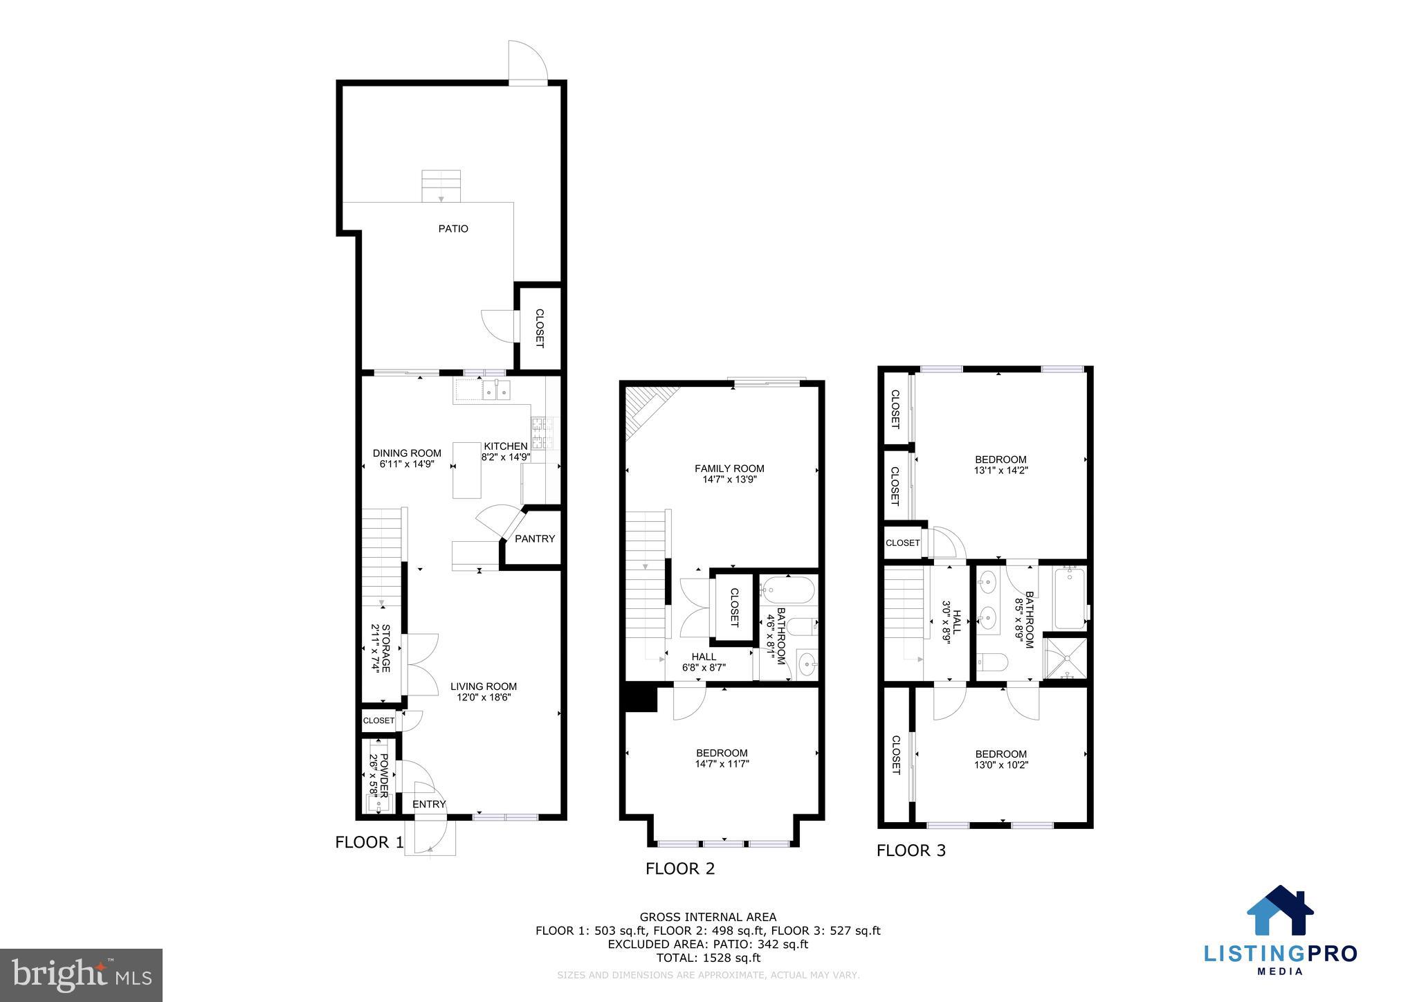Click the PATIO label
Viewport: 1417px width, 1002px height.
pyautogui.click(x=453, y=228)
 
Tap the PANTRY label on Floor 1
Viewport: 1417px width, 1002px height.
pyautogui.click(x=535, y=538)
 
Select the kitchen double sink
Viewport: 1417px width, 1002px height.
pyautogui.click(x=496, y=392)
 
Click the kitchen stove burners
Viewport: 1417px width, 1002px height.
pyautogui.click(x=539, y=433)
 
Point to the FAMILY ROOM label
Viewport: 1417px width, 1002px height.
pyautogui.click(x=729, y=468)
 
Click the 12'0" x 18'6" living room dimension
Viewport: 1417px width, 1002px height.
pyautogui.click(x=484, y=698)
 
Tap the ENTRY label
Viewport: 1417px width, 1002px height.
pyautogui.click(x=429, y=804)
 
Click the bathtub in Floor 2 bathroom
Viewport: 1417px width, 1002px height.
pyautogui.click(x=789, y=590)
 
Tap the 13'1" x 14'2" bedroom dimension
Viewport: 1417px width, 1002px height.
pyautogui.click(x=1000, y=470)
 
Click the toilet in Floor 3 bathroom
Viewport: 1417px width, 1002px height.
pyautogui.click(x=991, y=663)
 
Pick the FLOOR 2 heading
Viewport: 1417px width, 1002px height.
pyautogui.click(x=679, y=868)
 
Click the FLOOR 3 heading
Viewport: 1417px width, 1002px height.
pyautogui.click(x=911, y=850)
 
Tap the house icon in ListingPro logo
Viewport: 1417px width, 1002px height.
pyautogui.click(x=1280, y=911)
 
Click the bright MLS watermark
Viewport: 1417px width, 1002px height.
pyautogui.click(x=81, y=975)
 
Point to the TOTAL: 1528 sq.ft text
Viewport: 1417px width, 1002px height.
pyautogui.click(x=708, y=958)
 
